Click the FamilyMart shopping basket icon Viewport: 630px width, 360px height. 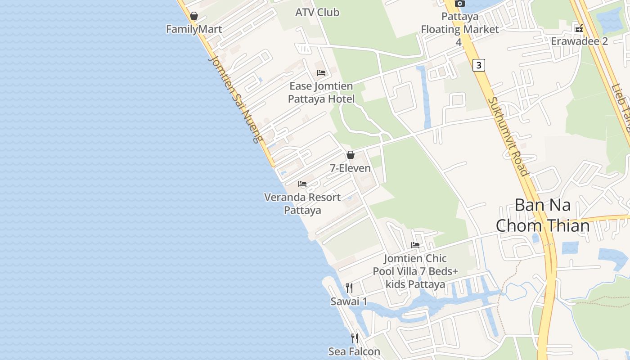point(194,16)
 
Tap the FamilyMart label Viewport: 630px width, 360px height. point(194,29)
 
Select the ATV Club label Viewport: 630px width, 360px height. point(317,12)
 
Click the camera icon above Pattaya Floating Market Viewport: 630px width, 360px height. point(459,3)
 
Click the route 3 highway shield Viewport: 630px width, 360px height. point(479,65)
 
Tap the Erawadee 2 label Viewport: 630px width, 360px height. point(579,41)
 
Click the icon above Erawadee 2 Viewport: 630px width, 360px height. point(579,28)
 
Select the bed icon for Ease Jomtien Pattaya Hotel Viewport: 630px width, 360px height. point(321,72)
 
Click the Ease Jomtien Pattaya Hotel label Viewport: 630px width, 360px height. point(321,92)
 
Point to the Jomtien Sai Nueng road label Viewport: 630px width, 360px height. point(235,99)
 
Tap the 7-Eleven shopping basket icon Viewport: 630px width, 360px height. point(351,155)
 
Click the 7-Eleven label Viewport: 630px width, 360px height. point(351,168)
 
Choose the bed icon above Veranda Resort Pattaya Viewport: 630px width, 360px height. point(302,184)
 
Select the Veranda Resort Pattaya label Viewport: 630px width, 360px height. point(302,203)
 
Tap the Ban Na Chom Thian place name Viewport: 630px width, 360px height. point(543,215)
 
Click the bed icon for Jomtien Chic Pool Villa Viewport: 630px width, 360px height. point(415,245)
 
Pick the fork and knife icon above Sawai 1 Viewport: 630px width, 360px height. point(349,288)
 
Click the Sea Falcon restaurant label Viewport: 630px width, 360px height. point(354,351)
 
